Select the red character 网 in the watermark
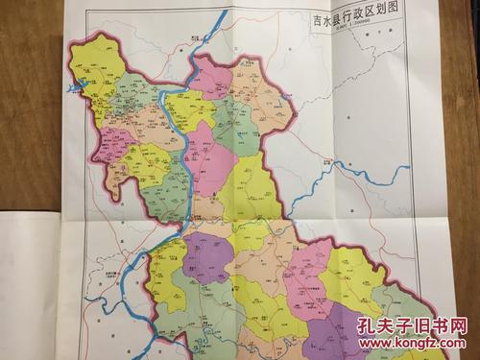pos(460,327)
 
